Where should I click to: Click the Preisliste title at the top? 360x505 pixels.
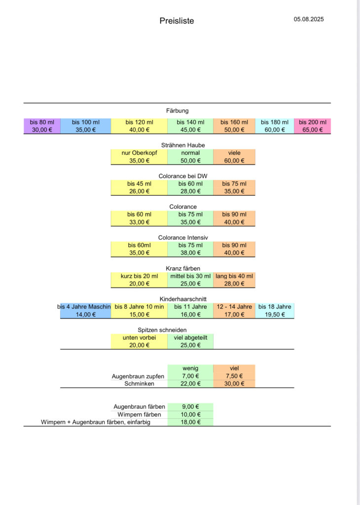coord(177,21)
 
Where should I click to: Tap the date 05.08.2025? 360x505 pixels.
coord(309,19)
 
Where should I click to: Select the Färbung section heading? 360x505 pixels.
coord(177,111)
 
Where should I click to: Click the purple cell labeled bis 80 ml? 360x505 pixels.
coord(42,126)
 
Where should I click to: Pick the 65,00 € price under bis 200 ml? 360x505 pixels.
coord(312,130)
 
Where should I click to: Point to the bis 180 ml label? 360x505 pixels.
coord(275,122)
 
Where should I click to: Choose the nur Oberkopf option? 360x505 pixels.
coord(139,153)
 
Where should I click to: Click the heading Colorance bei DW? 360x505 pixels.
coord(183,176)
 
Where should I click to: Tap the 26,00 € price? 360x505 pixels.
coord(139,191)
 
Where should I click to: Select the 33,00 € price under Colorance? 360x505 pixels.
coord(139,222)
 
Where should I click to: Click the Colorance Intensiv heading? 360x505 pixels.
coord(183,238)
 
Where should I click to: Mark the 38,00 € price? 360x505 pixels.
coord(190,253)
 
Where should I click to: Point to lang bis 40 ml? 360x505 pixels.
coord(234,276)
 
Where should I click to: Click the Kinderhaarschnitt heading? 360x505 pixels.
coord(183,299)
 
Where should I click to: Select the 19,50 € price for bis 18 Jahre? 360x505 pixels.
coord(275,315)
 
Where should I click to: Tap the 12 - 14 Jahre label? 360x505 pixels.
coord(234,307)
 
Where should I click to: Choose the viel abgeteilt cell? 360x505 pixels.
coord(190,341)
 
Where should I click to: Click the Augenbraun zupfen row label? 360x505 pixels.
coord(138,376)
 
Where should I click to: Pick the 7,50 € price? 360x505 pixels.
coord(234,376)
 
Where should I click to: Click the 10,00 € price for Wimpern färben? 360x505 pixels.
coord(190,414)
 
